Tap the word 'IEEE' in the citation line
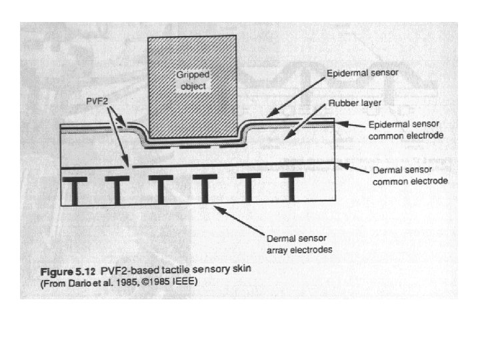pyautogui.click(x=184, y=282)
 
